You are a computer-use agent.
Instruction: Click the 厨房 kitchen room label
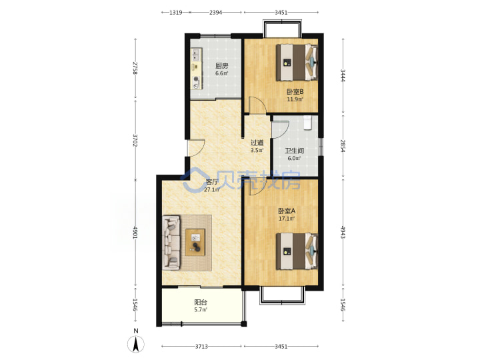pyautogui.click(x=221, y=66)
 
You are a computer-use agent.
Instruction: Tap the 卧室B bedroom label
pyautogui.click(x=295, y=91)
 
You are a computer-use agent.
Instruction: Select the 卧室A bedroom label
pyautogui.click(x=287, y=211)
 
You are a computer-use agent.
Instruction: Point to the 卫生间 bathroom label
pyautogui.click(x=294, y=151)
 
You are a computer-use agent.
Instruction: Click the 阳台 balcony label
pyautogui.click(x=201, y=302)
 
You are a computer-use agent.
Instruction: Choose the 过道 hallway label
pyautogui.click(x=257, y=143)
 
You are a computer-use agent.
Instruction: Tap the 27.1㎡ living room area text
pyautogui.click(x=212, y=190)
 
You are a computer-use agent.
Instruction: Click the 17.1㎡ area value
pyautogui.click(x=287, y=219)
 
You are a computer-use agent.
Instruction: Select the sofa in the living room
pyautogui.click(x=171, y=243)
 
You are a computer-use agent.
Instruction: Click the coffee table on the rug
pyautogui.click(x=195, y=242)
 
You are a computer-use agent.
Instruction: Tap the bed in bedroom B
pyautogui.click(x=297, y=63)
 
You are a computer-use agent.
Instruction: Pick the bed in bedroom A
pyautogui.click(x=297, y=251)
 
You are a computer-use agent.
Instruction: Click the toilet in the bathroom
pyautogui.click(x=307, y=123)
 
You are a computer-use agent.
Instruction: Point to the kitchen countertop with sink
pyautogui.click(x=196, y=69)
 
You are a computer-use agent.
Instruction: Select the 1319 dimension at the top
pyautogui.click(x=176, y=13)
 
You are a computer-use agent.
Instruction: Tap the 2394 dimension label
pyautogui.click(x=215, y=13)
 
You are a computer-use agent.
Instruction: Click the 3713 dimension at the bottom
pyautogui.click(x=201, y=346)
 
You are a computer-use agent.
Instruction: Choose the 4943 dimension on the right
pyautogui.click(x=343, y=232)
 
